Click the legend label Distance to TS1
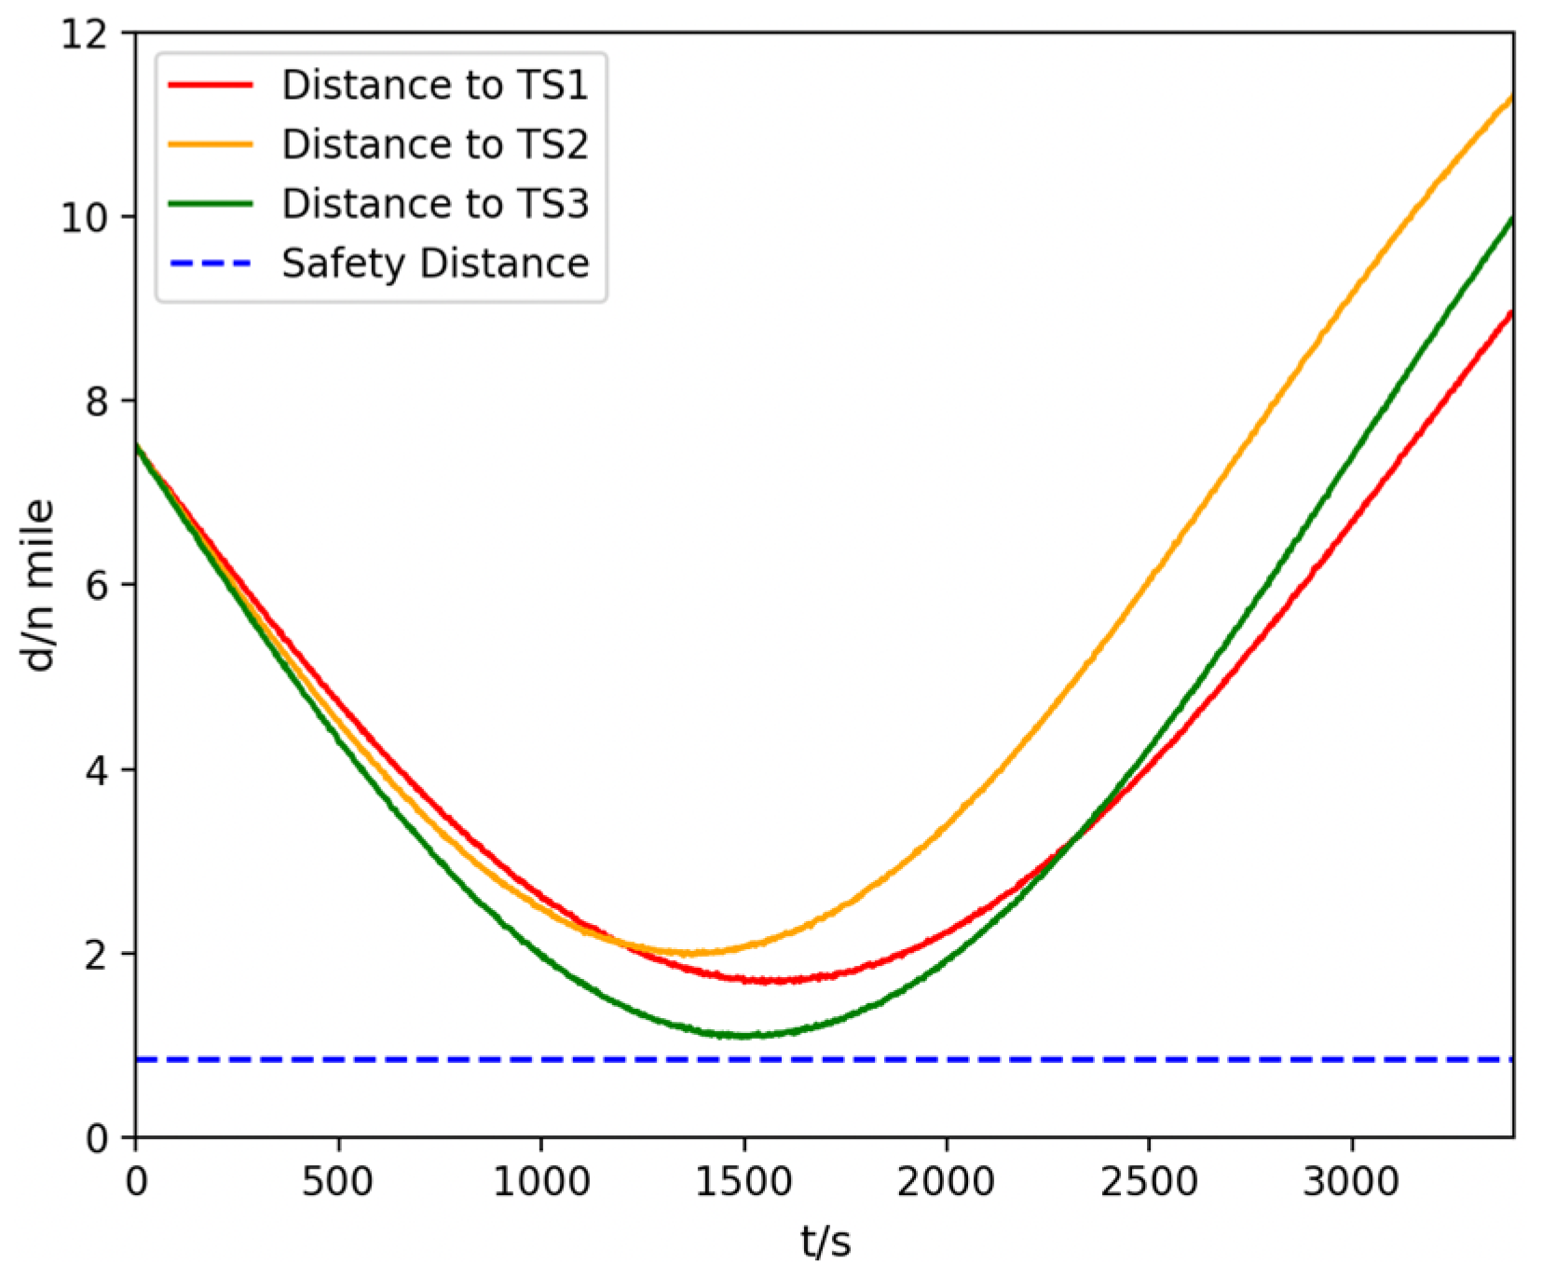435,85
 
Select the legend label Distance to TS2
435,144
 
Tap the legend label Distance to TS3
435,204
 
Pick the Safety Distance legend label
435,264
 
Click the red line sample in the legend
211,85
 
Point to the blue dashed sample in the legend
211,264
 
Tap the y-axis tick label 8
97,401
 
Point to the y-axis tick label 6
97,586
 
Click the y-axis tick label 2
97,955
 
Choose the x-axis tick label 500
337,1182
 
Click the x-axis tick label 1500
744,1182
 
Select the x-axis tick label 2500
1149,1182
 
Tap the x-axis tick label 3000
1351,1182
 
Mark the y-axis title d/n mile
39,585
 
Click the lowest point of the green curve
744,1036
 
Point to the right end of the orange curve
1510,97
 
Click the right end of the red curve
1510,312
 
